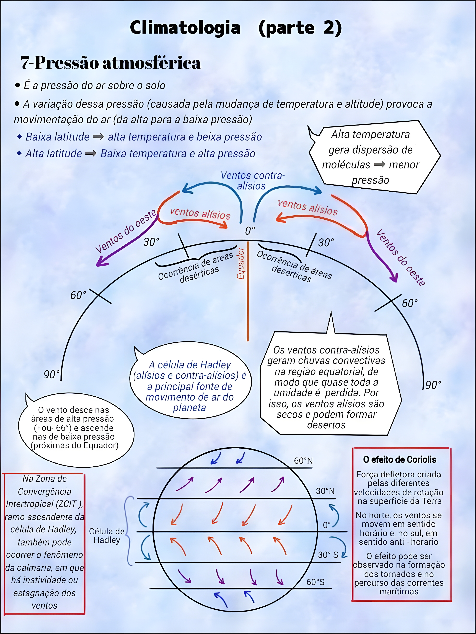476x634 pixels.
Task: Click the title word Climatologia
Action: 185,28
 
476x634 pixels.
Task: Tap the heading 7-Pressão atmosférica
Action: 110,63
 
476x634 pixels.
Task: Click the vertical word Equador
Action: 240,263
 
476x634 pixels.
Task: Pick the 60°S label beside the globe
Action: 315,582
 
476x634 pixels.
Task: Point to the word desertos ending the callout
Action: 326,424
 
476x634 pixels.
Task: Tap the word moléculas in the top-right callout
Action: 346,165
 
